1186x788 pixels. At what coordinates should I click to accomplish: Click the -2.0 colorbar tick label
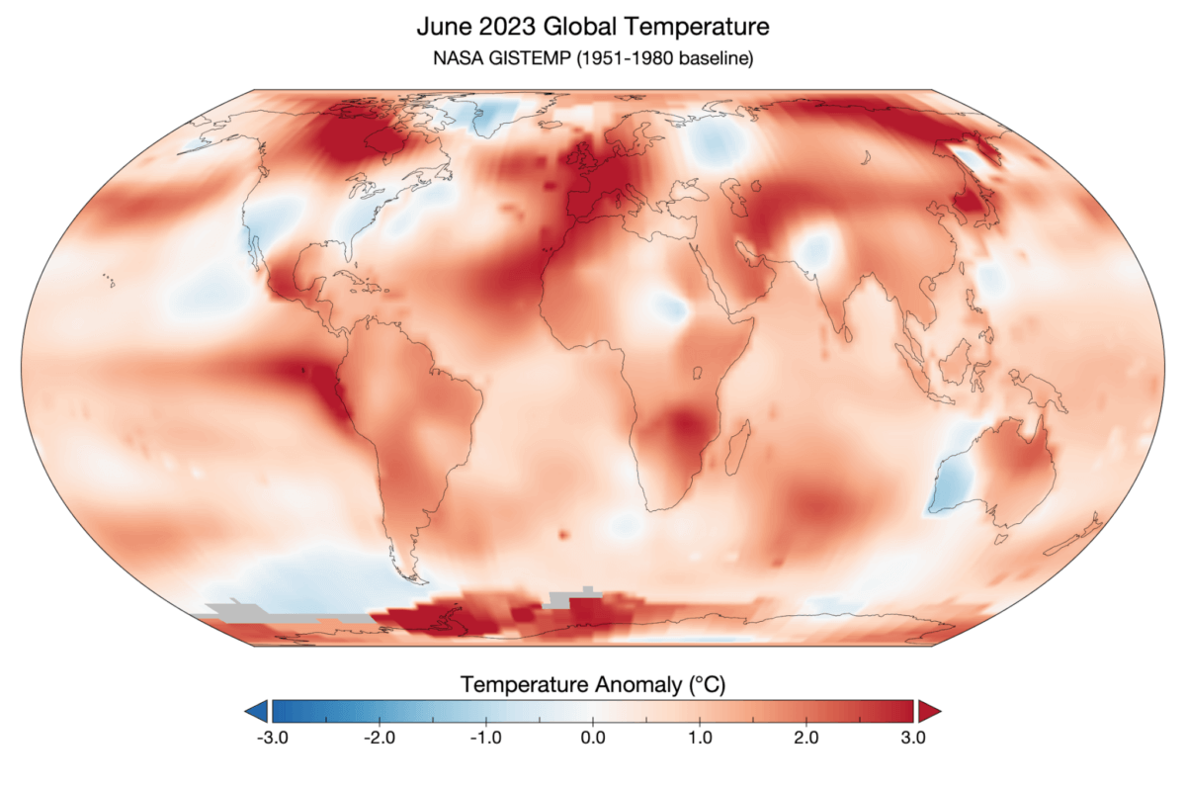click(379, 737)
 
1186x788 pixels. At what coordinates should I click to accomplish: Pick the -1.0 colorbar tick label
click(485, 737)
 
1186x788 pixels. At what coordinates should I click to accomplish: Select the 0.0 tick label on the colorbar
click(592, 737)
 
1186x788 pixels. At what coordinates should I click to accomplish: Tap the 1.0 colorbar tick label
click(699, 737)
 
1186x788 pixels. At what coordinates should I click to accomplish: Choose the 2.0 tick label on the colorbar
click(805, 737)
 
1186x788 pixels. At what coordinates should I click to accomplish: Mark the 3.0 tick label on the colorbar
click(912, 737)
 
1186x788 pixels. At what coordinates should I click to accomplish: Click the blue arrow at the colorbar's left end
click(256, 710)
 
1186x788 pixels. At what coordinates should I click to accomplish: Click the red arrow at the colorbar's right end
click(929, 710)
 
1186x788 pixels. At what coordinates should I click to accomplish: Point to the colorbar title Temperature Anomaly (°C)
click(593, 683)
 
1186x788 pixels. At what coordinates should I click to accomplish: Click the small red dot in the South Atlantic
click(564, 534)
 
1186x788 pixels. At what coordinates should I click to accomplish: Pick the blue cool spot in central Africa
click(668, 307)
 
